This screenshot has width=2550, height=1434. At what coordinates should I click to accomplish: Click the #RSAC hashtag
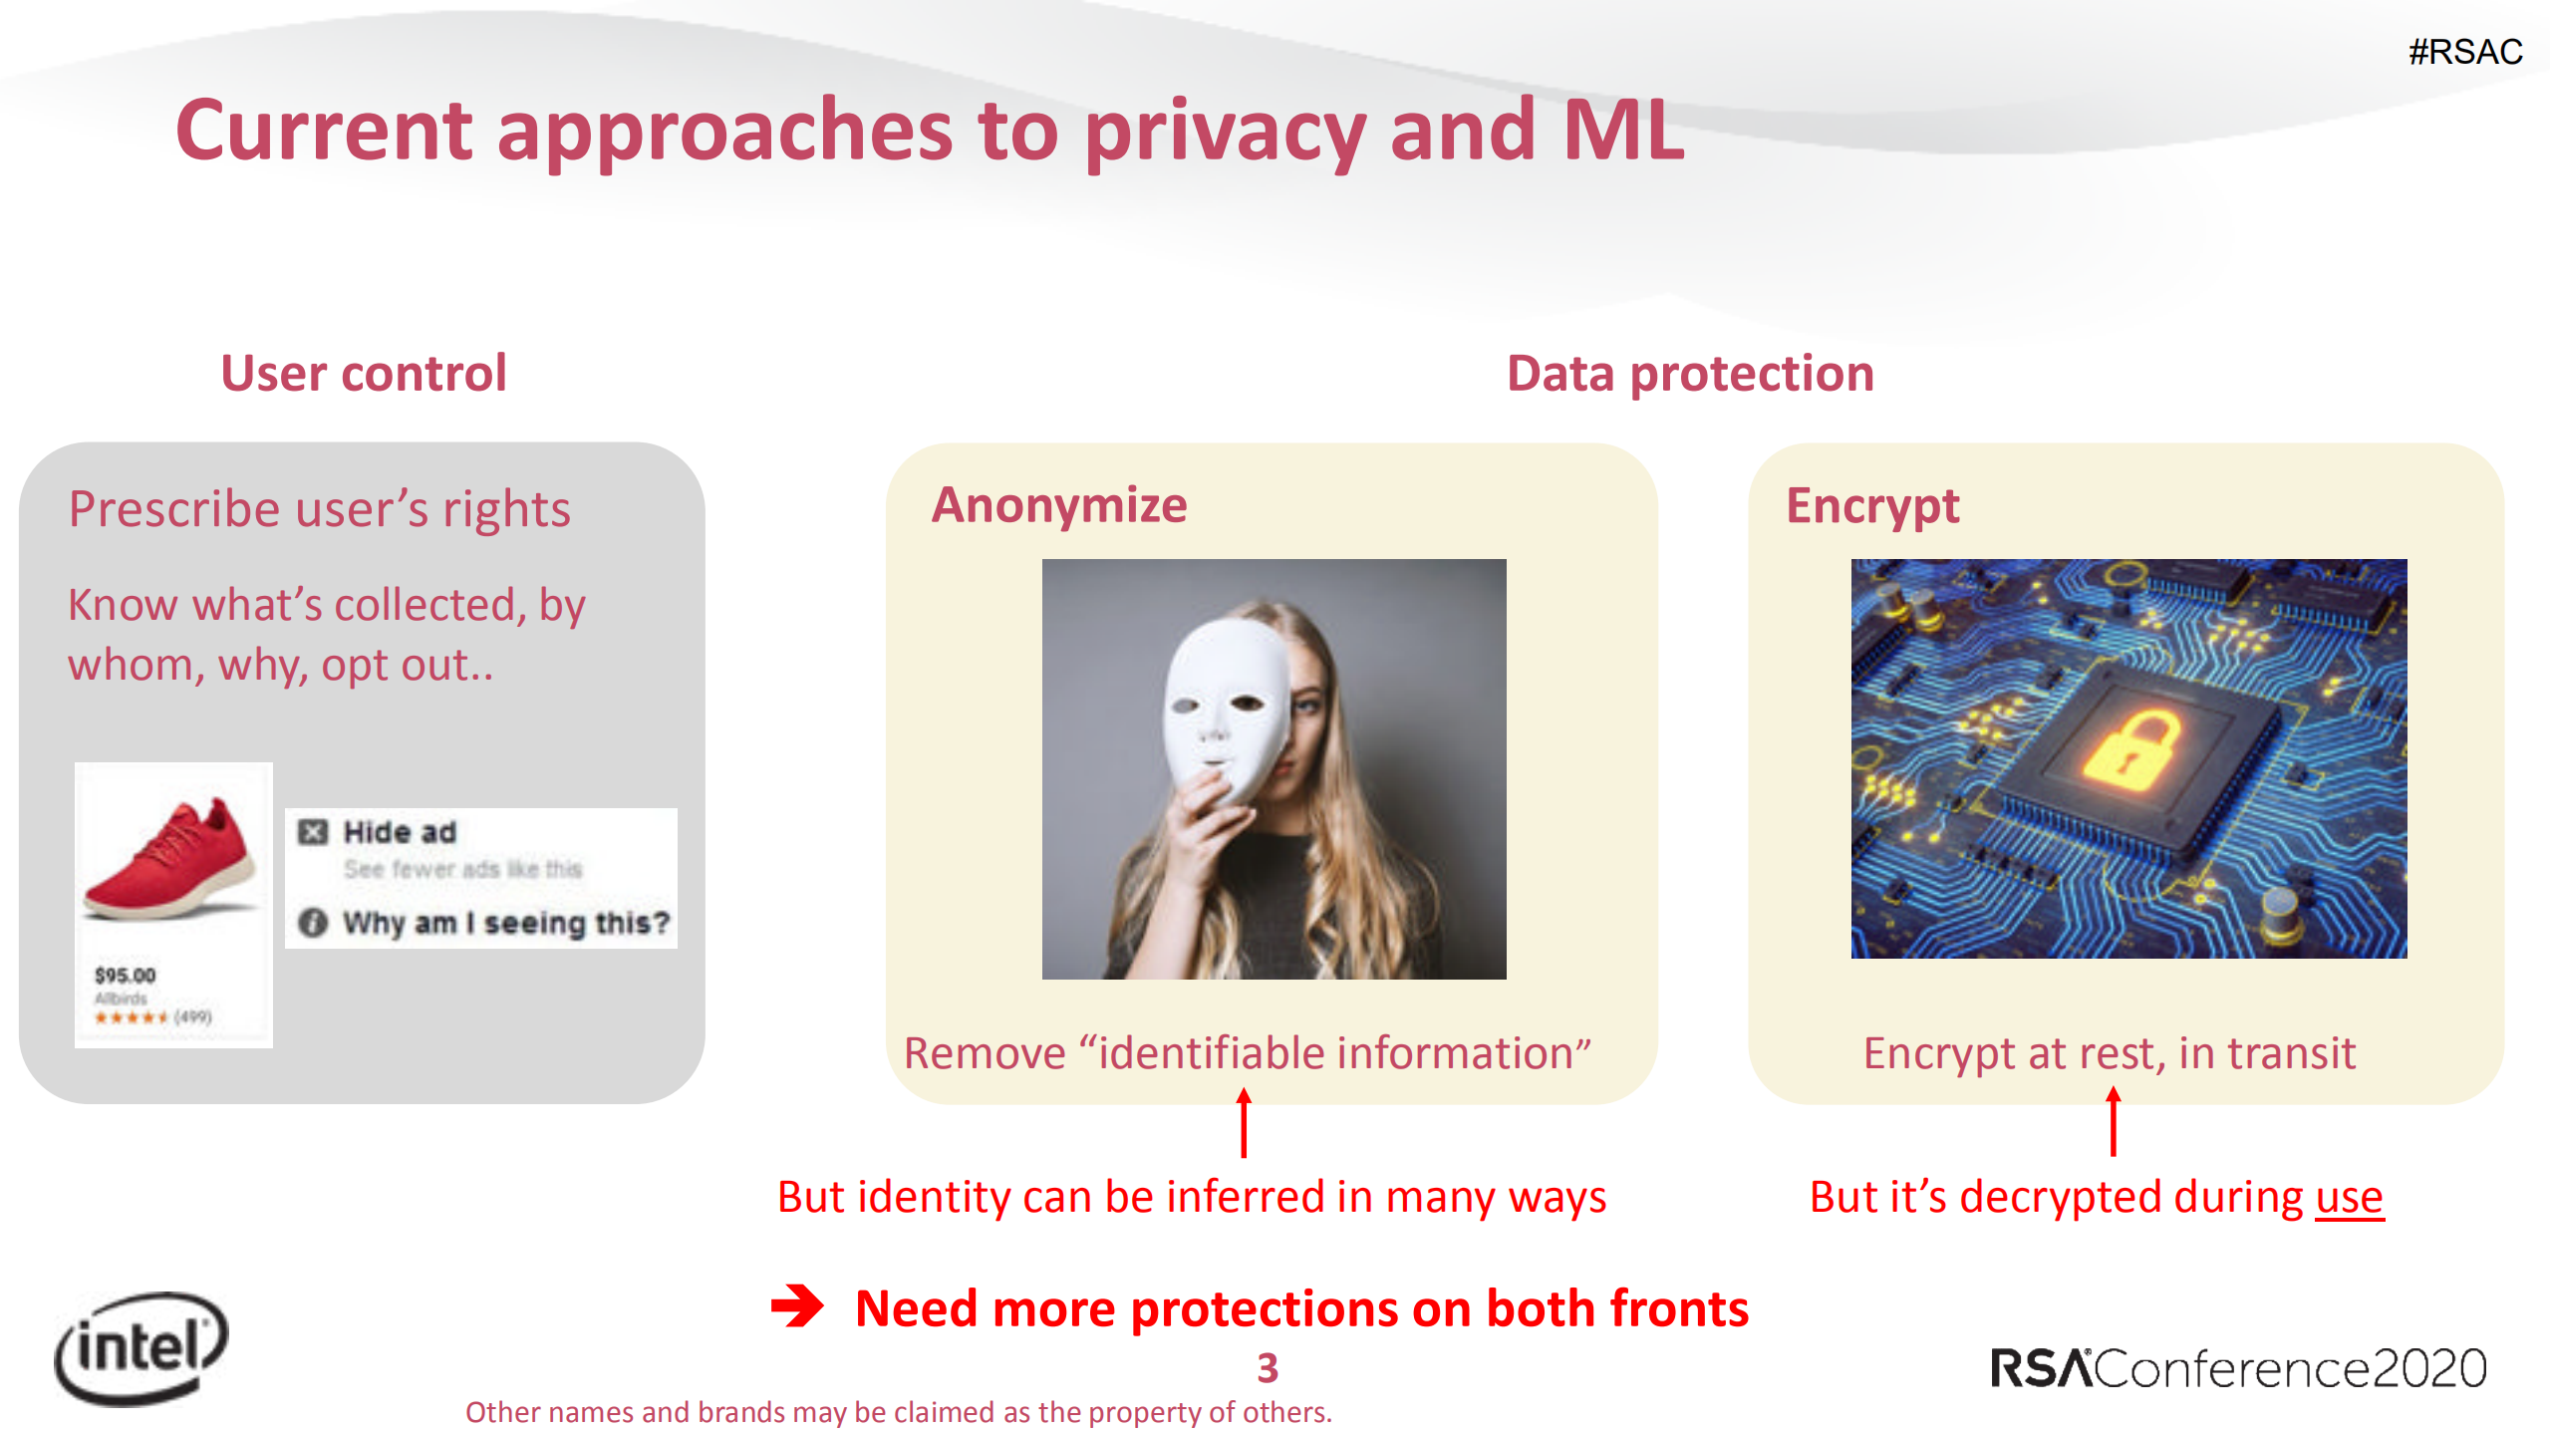[2464, 52]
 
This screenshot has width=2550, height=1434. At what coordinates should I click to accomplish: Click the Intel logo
[142, 1347]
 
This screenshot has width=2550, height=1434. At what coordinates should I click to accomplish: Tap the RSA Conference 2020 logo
[2237, 1368]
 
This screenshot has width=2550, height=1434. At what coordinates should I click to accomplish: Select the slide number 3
[1267, 1368]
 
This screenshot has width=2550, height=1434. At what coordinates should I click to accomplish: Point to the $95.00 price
[126, 975]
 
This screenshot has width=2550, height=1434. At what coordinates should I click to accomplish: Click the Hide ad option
[399, 832]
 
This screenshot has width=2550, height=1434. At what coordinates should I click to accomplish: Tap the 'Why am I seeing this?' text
[505, 923]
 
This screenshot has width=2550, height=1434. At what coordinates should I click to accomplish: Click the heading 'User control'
[364, 374]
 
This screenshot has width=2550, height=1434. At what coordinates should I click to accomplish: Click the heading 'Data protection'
[1690, 374]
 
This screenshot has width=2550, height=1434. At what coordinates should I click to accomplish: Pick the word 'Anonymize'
[1059, 504]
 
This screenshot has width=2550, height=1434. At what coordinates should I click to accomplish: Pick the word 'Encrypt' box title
[1871, 506]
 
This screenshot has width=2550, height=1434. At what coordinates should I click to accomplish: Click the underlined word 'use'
[2348, 1197]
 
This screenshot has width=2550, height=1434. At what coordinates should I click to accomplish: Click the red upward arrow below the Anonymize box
[1244, 1122]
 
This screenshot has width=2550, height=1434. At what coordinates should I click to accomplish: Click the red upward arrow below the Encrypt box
[2113, 1122]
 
